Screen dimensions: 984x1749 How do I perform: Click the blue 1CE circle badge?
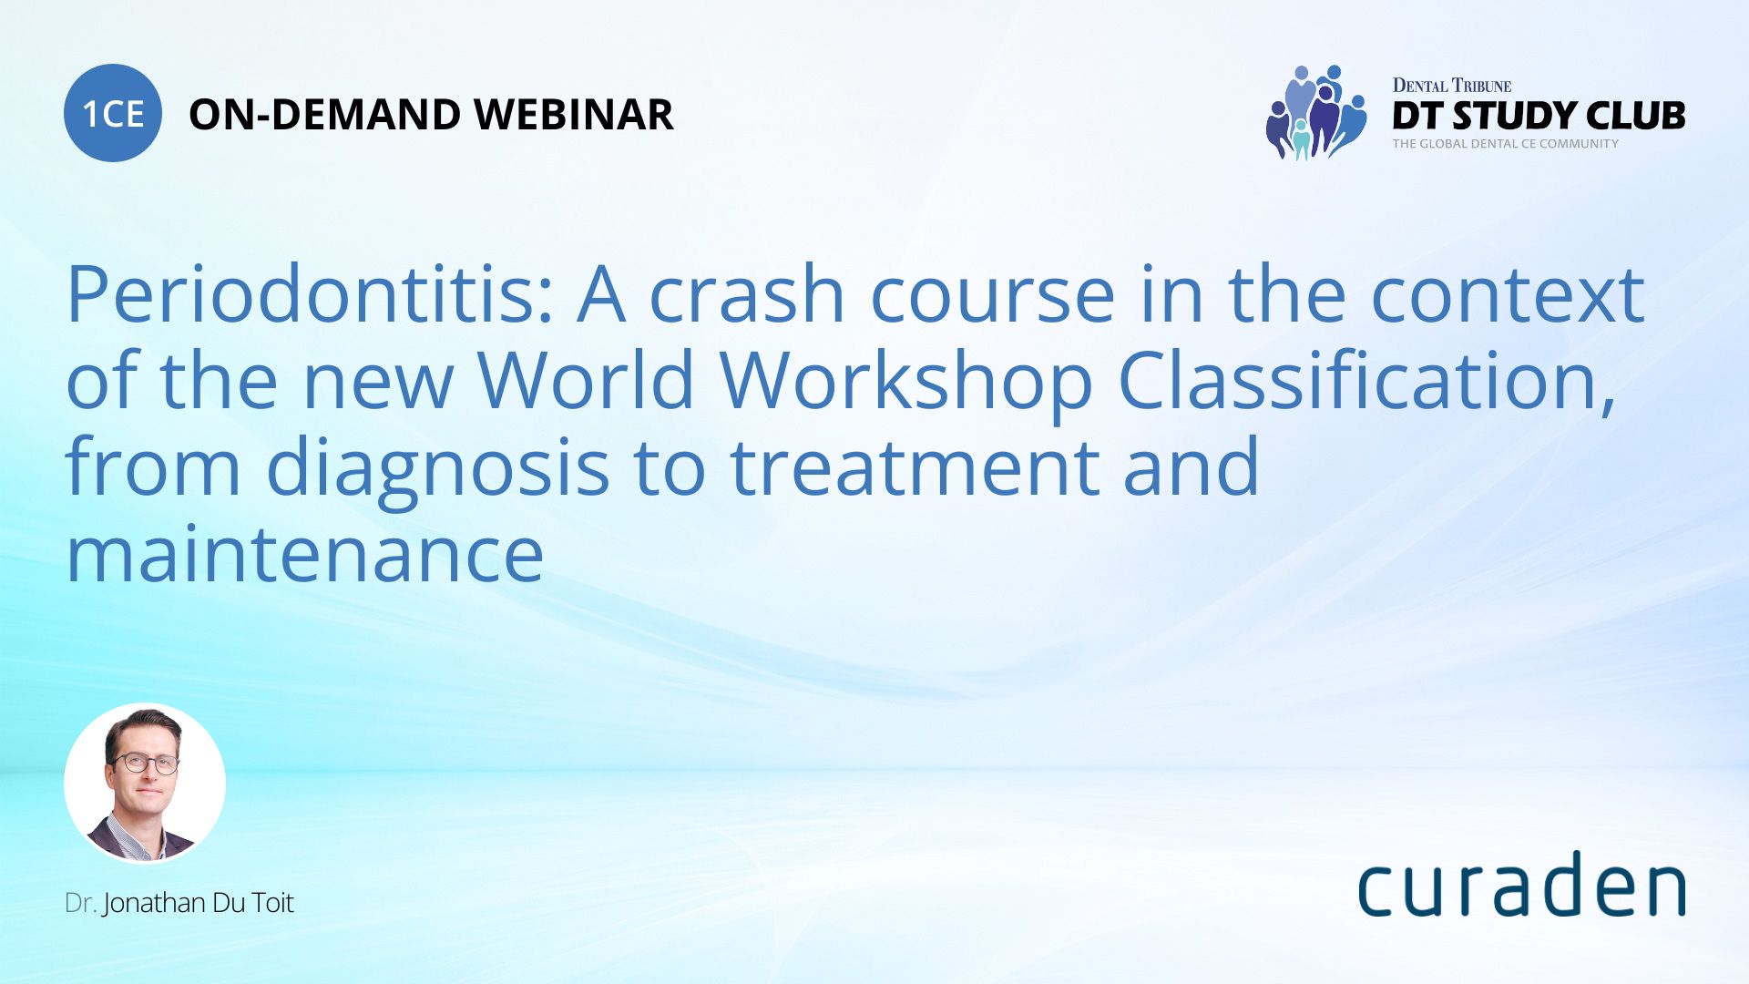[113, 113]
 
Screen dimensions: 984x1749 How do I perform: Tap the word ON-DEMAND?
[324, 115]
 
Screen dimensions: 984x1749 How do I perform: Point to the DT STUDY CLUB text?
[1538, 116]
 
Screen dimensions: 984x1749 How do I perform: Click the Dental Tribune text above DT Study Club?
[1451, 86]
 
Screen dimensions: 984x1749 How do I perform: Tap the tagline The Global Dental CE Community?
[1505, 144]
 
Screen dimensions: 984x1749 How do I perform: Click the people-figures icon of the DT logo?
[1315, 113]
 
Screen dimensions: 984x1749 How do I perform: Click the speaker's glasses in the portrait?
[146, 764]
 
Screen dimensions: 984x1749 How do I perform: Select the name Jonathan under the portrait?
[154, 903]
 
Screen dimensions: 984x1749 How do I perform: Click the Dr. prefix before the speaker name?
[80, 903]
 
